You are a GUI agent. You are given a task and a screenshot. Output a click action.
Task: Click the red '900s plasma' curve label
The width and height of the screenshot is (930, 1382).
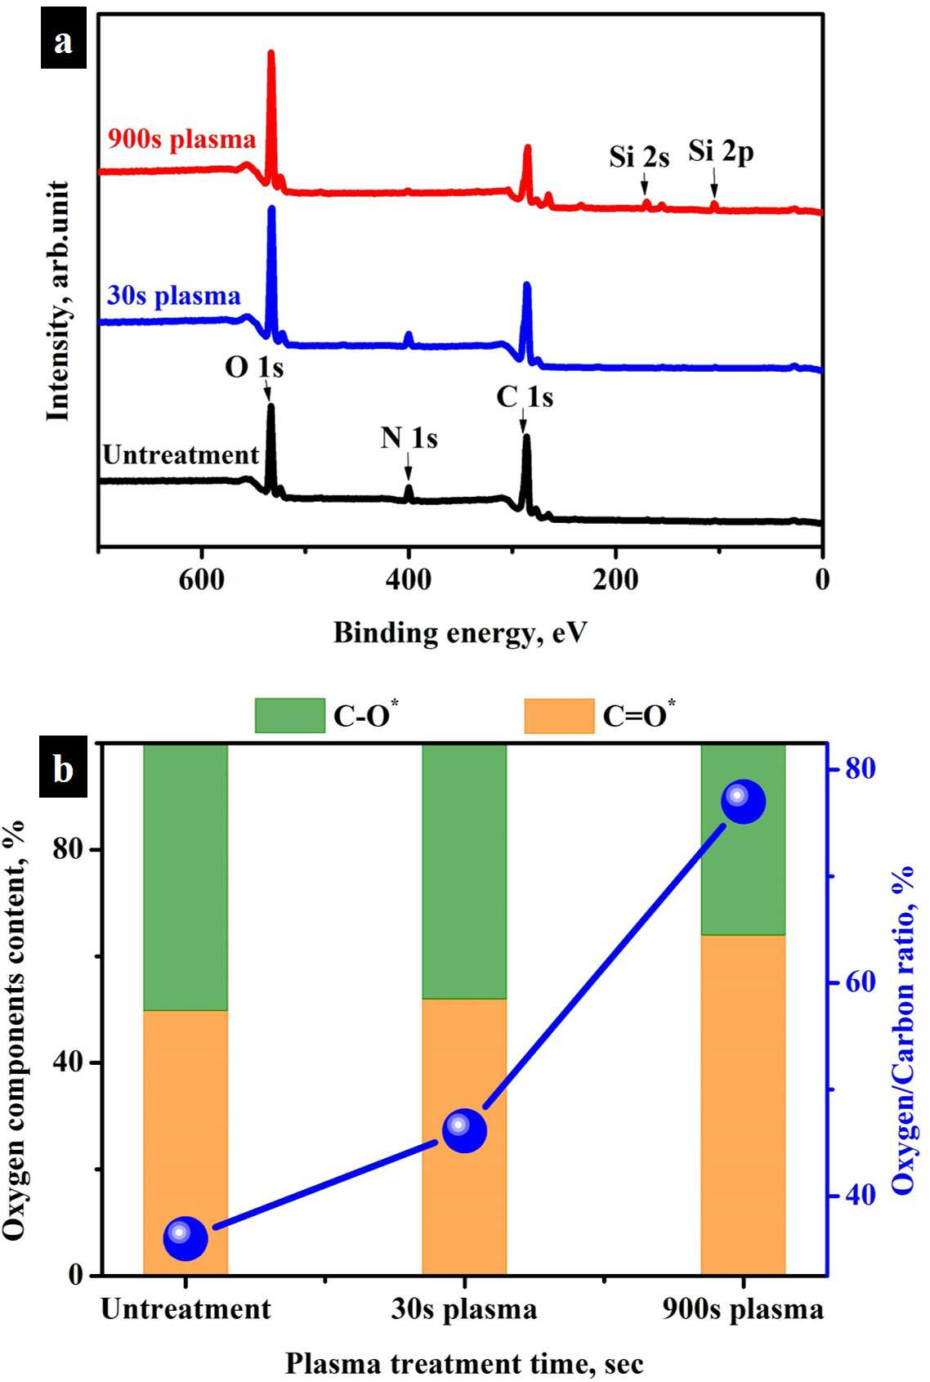(182, 140)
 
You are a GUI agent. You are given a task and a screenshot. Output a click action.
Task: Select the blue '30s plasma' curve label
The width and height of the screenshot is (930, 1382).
(174, 297)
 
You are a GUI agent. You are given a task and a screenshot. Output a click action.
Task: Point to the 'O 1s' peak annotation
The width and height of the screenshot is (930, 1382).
(254, 368)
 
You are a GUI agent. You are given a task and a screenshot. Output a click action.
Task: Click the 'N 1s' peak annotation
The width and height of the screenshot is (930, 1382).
(409, 439)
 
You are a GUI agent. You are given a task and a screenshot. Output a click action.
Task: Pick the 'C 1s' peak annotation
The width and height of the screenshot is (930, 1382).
(525, 397)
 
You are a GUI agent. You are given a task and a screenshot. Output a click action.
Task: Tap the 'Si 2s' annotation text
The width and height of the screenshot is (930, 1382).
(639, 157)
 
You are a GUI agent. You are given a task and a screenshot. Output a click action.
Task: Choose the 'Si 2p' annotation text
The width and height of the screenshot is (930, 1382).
(721, 152)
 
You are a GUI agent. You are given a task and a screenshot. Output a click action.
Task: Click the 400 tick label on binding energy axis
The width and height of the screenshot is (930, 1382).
(409, 580)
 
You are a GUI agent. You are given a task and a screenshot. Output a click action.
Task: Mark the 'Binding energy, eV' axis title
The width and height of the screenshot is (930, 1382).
(460, 633)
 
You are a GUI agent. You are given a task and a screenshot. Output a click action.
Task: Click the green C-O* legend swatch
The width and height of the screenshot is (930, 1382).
(290, 716)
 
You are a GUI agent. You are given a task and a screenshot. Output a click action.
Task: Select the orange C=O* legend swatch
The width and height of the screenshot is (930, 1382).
(559, 716)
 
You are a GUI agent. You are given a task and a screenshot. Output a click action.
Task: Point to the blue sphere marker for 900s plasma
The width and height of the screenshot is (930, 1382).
(744, 802)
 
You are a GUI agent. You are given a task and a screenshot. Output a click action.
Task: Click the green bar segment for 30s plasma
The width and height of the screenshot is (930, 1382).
(464, 872)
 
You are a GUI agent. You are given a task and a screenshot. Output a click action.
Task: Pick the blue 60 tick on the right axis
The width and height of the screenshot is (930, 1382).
(861, 982)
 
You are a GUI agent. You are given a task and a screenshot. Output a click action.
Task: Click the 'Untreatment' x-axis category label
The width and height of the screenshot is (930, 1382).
(186, 1309)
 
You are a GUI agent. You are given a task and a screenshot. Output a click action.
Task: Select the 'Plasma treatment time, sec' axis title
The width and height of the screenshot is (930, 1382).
(465, 1363)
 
